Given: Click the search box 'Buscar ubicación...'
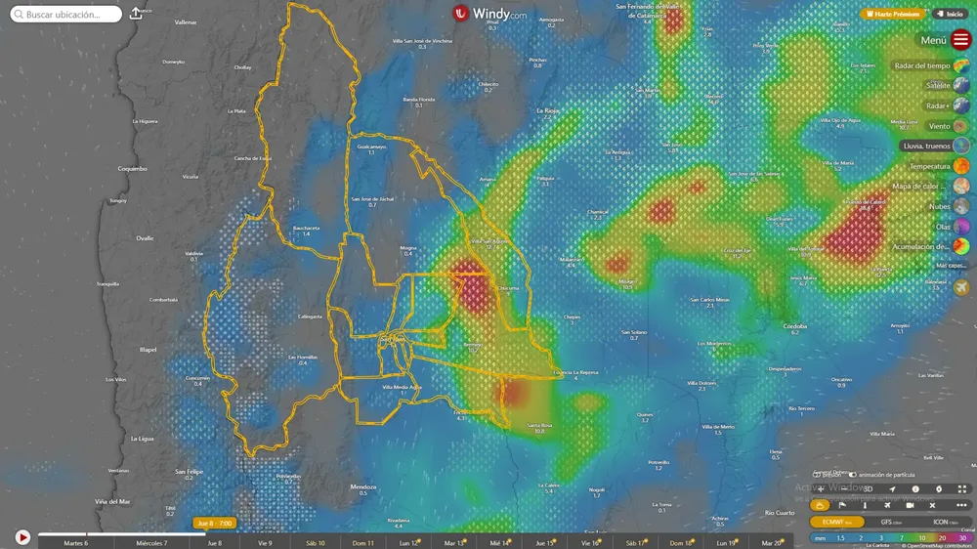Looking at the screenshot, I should pyautogui.click(x=67, y=15).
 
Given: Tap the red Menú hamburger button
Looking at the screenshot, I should pyautogui.click(x=961, y=40).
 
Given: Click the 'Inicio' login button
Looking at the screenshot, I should pyautogui.click(x=951, y=15).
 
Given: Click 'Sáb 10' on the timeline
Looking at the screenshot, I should pyautogui.click(x=316, y=543).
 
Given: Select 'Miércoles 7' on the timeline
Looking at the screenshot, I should pyautogui.click(x=151, y=543).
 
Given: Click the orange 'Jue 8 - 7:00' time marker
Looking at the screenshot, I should pyautogui.click(x=215, y=524).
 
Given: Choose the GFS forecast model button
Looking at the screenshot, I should pyautogui.click(x=893, y=522).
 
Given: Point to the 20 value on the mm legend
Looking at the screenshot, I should pyautogui.click(x=942, y=538).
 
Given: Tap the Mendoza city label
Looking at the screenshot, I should pyautogui.click(x=362, y=486).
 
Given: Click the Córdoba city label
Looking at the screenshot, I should pyautogui.click(x=794, y=326).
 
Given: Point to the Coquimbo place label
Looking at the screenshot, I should pyautogui.click(x=132, y=168).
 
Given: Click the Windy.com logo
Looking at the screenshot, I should pyautogui.click(x=489, y=14).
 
